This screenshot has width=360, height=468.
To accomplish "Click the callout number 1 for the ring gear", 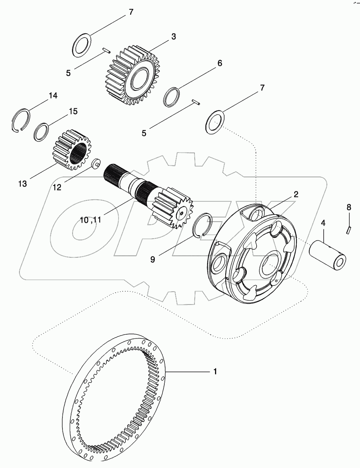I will click(x=215, y=372).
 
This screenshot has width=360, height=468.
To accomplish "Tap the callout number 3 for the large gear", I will click(x=173, y=37).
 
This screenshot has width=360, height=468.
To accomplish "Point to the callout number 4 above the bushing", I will click(x=323, y=223).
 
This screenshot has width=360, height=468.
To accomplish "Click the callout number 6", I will click(x=219, y=63).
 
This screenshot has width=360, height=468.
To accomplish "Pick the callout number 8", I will click(x=349, y=207).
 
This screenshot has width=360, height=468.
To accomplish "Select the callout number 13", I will click(x=22, y=184).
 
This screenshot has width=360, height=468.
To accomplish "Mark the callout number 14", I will click(x=53, y=96).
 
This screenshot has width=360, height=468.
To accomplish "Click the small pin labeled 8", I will click(x=349, y=229).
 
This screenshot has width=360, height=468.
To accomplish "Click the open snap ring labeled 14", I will click(x=20, y=120).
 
